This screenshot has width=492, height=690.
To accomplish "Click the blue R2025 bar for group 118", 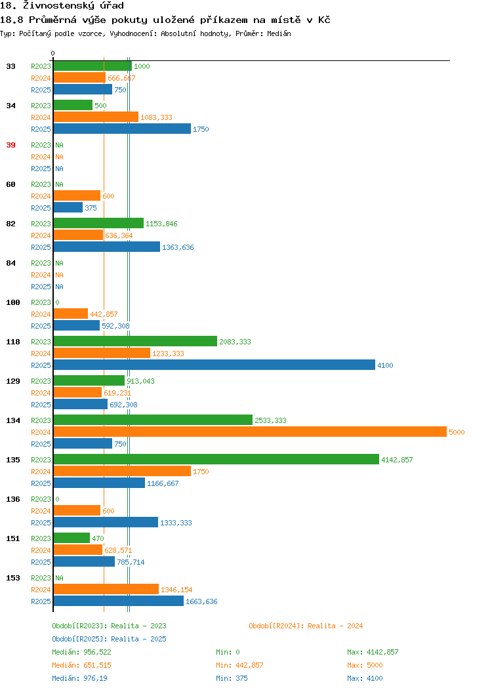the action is point(215,365).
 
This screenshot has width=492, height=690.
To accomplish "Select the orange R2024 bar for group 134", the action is point(250,432).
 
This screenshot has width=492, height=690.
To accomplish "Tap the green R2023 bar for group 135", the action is point(216,459).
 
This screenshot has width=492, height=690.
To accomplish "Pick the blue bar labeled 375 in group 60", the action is point(68,208).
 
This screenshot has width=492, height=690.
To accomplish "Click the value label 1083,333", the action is point(156,117).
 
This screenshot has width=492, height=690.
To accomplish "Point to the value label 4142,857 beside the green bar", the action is point(397,460).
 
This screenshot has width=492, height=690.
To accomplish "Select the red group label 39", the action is point(11,145).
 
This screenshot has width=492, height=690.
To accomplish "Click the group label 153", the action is point(12,578).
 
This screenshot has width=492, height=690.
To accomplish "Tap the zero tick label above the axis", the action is point(53,53).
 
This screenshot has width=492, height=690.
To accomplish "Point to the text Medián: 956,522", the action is point(81,652).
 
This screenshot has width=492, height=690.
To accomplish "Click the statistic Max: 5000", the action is point(365,665).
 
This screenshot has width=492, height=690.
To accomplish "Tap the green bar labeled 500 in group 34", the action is point(73,105).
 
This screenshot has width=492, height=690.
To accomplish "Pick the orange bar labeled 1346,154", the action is point(106,589).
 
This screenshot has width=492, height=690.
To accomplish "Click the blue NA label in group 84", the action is point(60,287).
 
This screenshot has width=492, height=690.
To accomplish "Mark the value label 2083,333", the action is point(235,342).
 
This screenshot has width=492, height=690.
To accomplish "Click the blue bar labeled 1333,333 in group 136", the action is point(106,522).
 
